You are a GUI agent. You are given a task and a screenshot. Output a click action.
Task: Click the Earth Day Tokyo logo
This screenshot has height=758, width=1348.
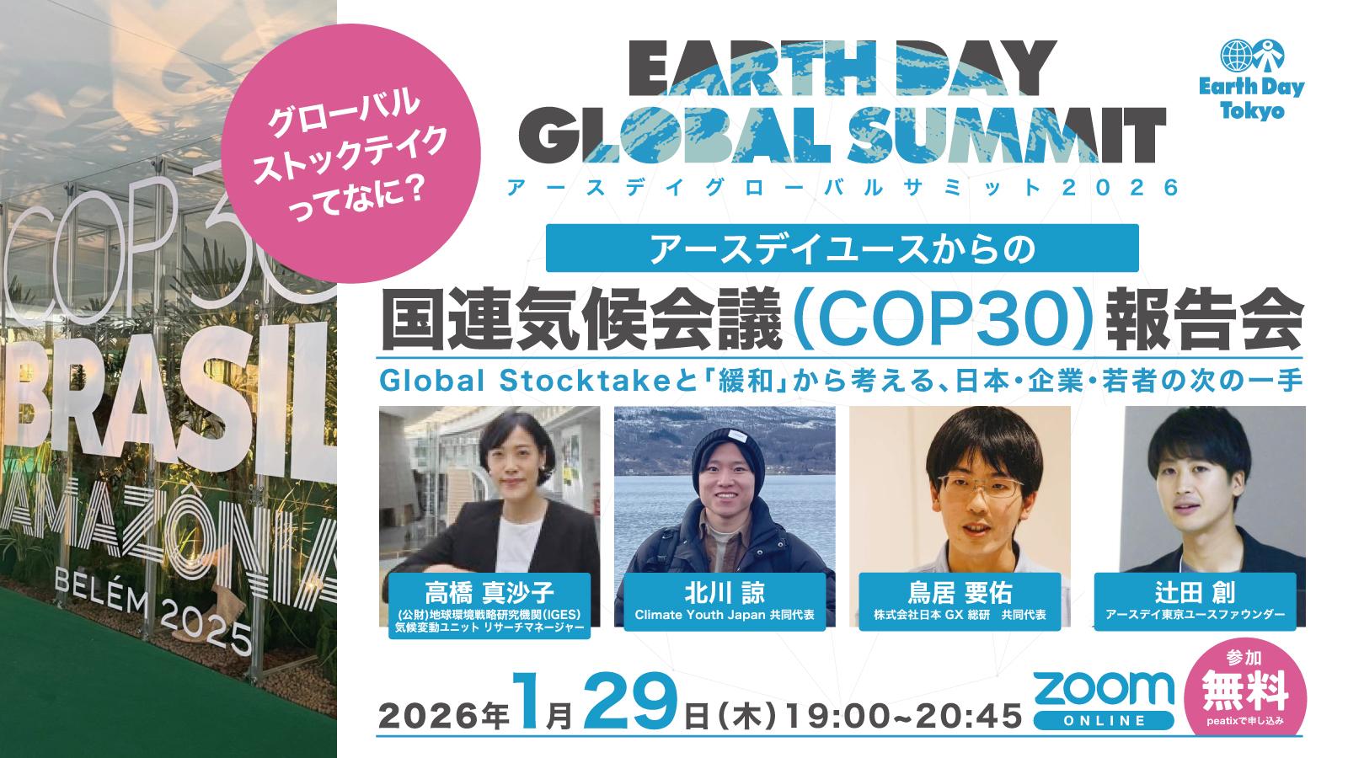click(1252, 79)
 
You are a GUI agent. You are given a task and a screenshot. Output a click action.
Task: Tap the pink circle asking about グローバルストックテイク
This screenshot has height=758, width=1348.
click(350, 153)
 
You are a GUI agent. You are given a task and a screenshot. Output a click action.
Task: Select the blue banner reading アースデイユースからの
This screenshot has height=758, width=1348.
click(842, 248)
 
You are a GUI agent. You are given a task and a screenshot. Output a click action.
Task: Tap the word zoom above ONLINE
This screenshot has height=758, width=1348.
click(1105, 690)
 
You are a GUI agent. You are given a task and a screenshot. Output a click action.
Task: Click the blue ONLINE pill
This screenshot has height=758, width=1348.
click(1105, 721)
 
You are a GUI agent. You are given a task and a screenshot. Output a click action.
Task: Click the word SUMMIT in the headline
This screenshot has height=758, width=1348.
click(1006, 136)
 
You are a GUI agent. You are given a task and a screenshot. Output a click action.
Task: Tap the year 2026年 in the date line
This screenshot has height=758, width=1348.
click(443, 716)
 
